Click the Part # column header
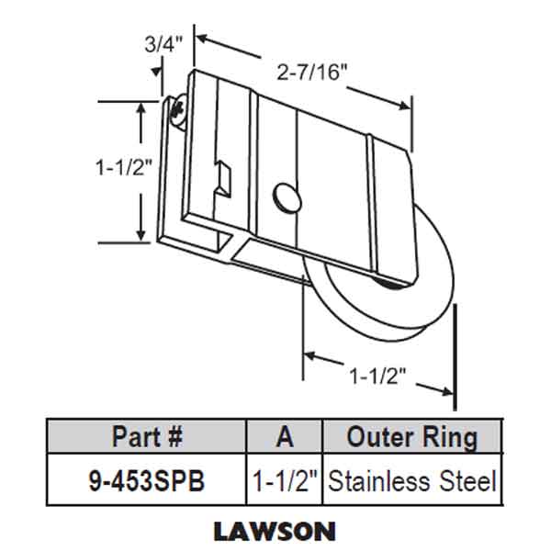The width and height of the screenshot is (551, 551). [146, 436]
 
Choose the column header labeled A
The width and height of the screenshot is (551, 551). [285, 436]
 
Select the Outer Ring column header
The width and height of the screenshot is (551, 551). [411, 436]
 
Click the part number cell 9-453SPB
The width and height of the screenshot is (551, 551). [146, 479]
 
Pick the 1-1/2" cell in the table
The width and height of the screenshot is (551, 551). [285, 479]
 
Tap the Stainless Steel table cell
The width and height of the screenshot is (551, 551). [411, 479]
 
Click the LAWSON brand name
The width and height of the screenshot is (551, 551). [275, 530]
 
